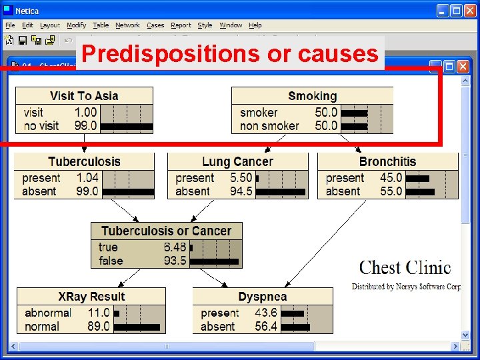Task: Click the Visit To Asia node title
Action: click(84, 96)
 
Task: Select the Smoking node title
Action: click(312, 96)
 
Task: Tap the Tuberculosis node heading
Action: click(84, 161)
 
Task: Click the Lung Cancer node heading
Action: click(237, 161)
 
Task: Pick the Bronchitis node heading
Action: click(387, 161)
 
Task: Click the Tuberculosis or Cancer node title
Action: click(166, 231)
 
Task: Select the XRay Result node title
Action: click(91, 296)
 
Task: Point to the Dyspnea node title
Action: click(263, 296)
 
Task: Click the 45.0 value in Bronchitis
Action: click(391, 178)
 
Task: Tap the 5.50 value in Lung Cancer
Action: click(241, 178)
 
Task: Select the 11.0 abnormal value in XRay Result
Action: click(99, 313)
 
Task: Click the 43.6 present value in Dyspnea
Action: click(266, 313)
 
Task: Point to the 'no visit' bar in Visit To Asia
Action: click(126, 125)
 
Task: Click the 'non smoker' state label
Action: click(269, 125)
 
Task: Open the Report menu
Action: click(181, 25)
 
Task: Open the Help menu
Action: click(255, 25)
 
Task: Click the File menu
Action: click(11, 25)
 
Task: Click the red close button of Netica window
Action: click(470, 11)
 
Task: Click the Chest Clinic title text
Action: click(405, 268)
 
